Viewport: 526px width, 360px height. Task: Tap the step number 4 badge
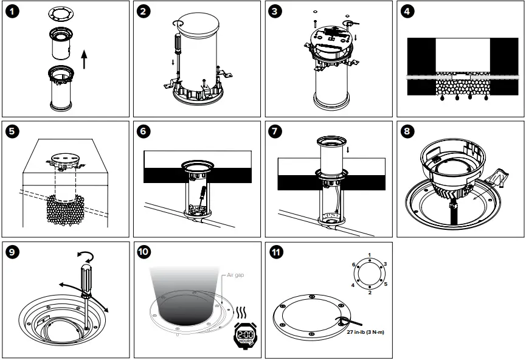point(407,11)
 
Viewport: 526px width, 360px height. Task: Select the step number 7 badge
point(275,131)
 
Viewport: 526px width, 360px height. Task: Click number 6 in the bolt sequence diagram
point(353,265)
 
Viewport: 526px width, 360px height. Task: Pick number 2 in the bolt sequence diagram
point(369,292)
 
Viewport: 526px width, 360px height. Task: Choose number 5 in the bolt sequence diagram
point(385,284)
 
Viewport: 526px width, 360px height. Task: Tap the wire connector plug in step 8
point(453,210)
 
